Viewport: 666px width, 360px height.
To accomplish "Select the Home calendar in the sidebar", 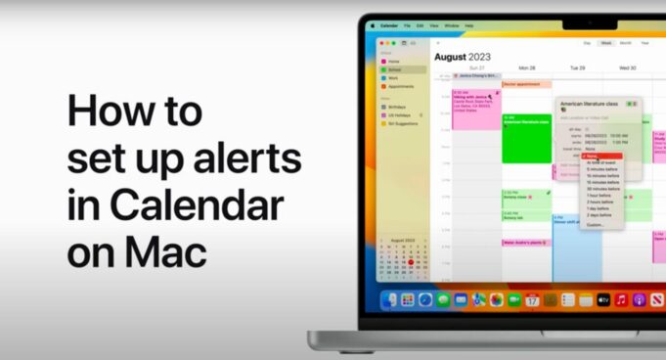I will click(x=394, y=61).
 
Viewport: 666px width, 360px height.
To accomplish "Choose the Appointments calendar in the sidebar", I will click(x=402, y=87).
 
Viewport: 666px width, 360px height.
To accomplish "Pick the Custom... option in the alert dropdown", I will click(x=596, y=225).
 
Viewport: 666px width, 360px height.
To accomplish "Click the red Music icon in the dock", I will click(x=621, y=299).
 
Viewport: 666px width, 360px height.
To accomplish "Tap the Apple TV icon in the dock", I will click(x=603, y=299).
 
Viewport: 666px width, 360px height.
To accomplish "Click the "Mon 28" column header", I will click(x=526, y=68).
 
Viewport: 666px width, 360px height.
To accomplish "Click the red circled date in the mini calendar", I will click(x=419, y=262).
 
